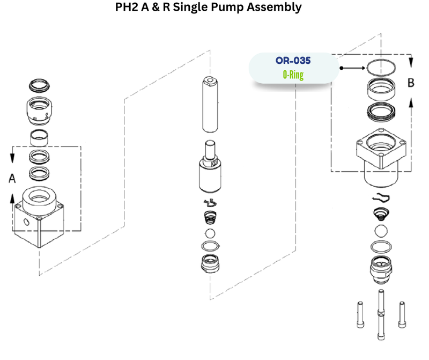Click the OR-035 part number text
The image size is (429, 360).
tap(293, 61)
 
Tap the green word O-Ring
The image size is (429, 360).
tap(293, 75)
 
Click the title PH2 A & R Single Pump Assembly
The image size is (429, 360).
tap(209, 8)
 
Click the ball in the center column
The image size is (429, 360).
tap(210, 233)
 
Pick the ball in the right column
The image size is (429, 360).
tap(381, 231)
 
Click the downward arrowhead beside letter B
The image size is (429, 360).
tap(411, 63)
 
